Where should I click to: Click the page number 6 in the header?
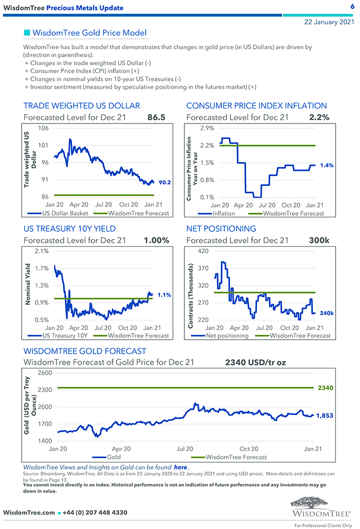click(352, 7)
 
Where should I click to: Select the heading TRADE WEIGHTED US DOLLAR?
click(81, 106)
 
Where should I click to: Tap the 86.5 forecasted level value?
click(156, 117)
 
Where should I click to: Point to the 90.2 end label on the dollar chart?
click(164, 181)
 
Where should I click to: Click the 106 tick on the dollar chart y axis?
click(42, 128)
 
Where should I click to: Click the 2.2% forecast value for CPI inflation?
click(318, 117)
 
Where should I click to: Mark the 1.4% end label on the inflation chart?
click(327, 165)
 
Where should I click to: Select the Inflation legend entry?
click(223, 213)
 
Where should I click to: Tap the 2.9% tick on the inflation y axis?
click(207, 128)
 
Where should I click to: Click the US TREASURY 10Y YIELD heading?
click(69, 229)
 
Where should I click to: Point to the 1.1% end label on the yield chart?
click(164, 295)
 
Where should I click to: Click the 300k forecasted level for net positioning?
click(319, 240)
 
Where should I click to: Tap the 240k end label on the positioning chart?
click(327, 313)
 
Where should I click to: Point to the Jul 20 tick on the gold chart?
click(185, 449)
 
